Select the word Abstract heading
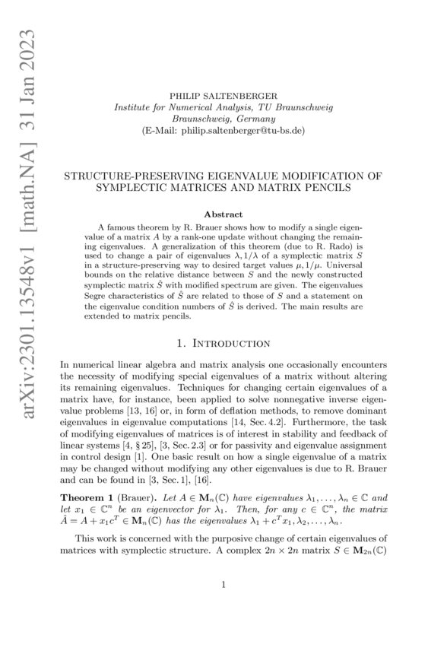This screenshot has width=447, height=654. click(x=223, y=215)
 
